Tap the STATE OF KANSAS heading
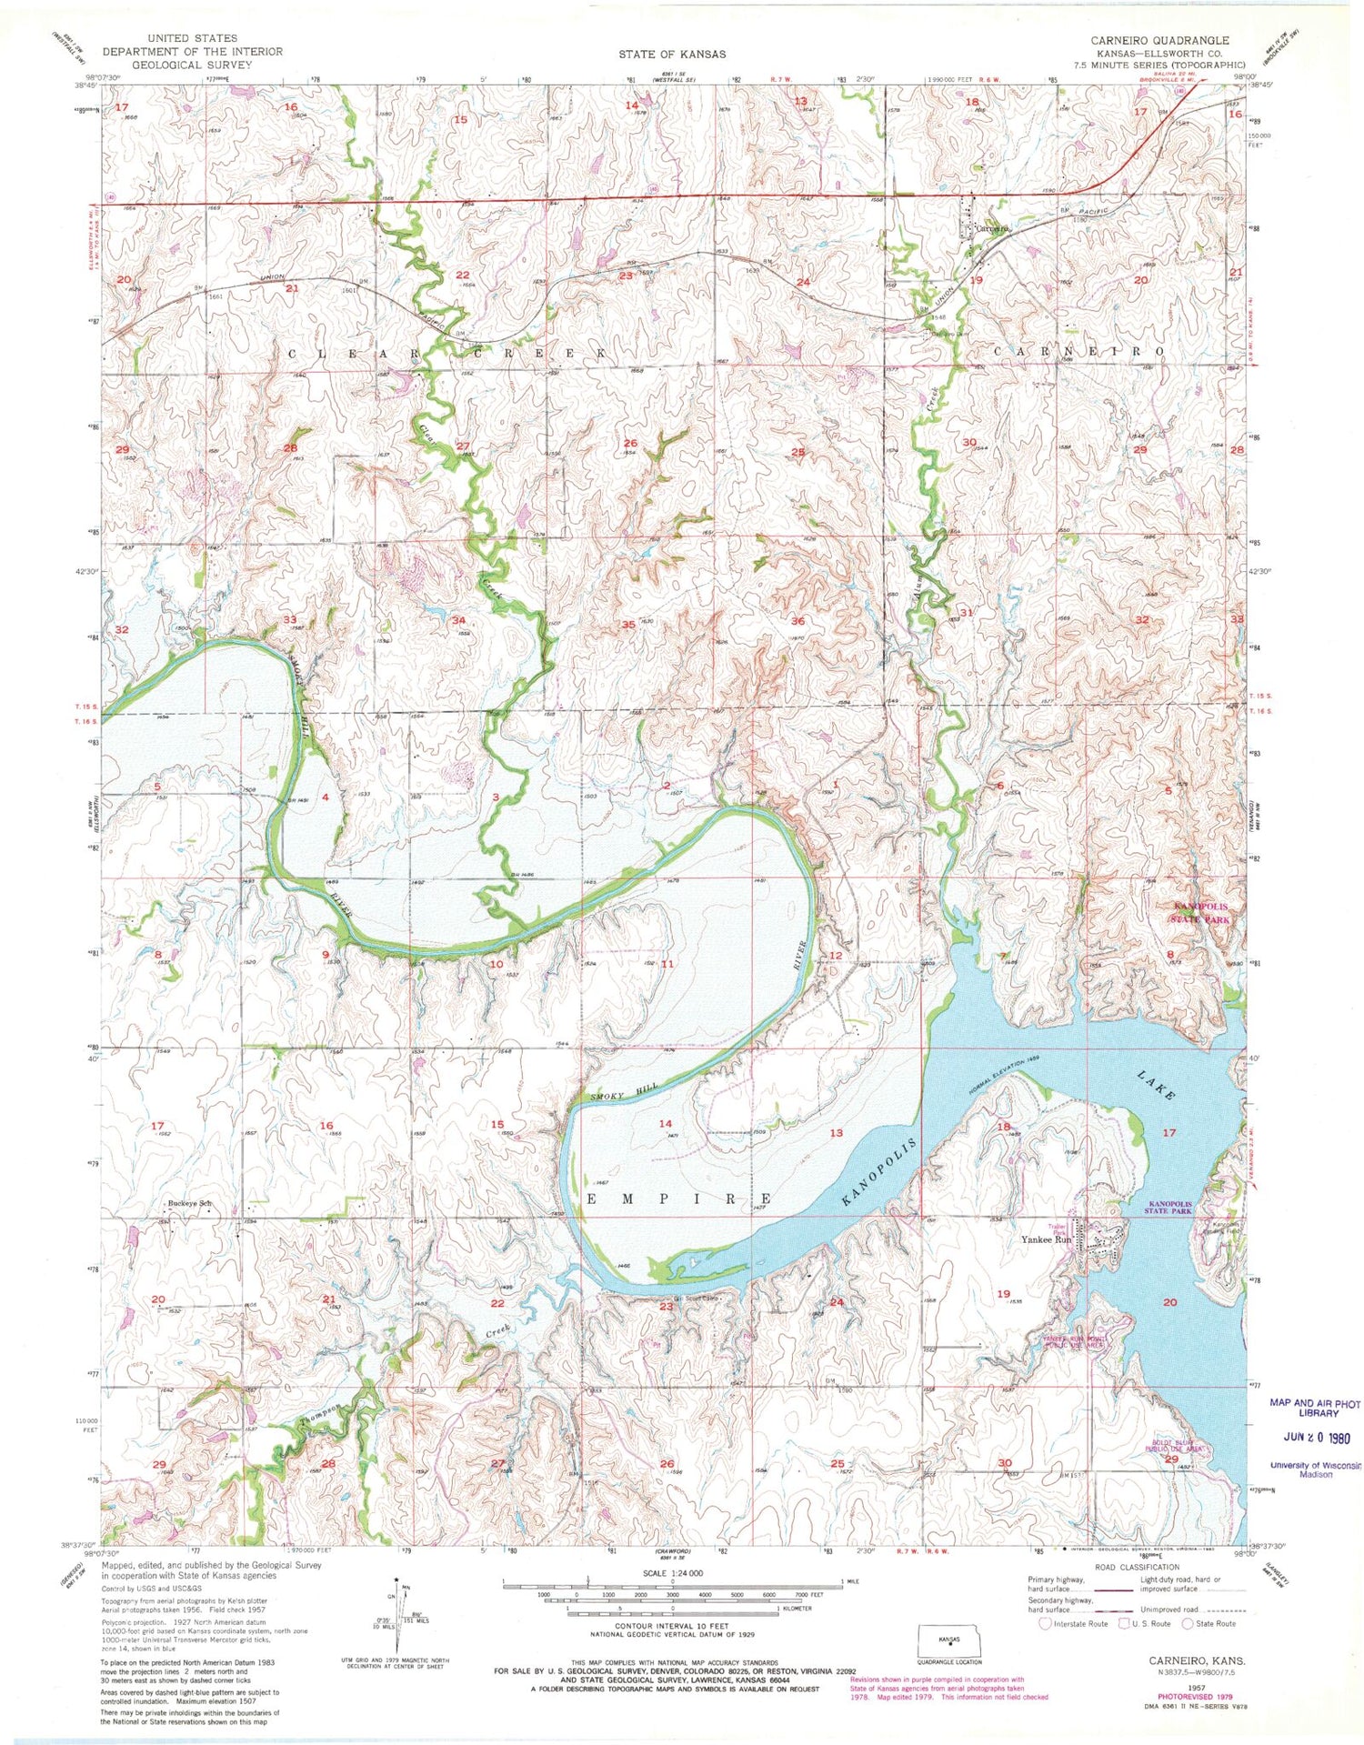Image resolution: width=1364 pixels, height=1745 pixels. [x=672, y=55]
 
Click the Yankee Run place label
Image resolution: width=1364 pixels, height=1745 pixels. [x=1046, y=1239]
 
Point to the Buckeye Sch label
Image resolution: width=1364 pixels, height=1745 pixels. [x=190, y=1204]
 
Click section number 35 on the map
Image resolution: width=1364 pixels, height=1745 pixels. [x=627, y=625]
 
